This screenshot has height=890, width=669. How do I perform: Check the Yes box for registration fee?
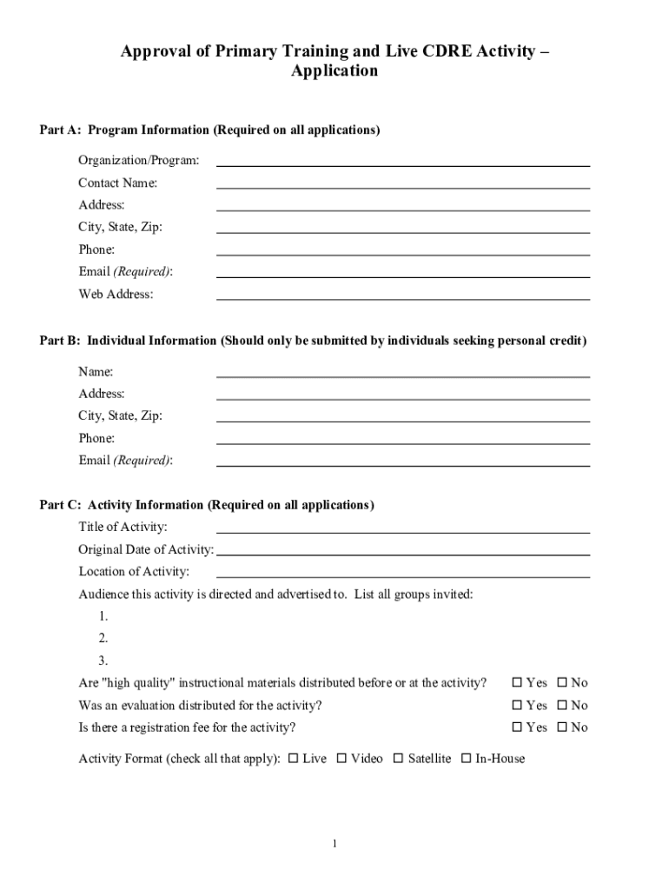pos(518,727)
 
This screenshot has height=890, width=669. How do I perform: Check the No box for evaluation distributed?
pos(561,706)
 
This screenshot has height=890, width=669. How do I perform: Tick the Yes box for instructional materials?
pos(518,683)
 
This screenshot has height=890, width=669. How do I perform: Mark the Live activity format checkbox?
pos(293,759)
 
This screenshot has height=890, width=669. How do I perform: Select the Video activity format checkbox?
pos(341,759)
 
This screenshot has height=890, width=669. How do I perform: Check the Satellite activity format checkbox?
pos(398,759)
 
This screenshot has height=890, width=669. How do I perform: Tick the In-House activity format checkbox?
pos(467,759)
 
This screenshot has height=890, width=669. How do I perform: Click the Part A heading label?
pos(209,130)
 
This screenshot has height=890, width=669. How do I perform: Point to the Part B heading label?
pos(313,341)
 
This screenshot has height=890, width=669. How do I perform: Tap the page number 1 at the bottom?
pos(334,843)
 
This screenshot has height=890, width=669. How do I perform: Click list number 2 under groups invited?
pos(103,639)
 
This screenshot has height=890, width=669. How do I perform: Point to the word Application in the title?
pos(334,71)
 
